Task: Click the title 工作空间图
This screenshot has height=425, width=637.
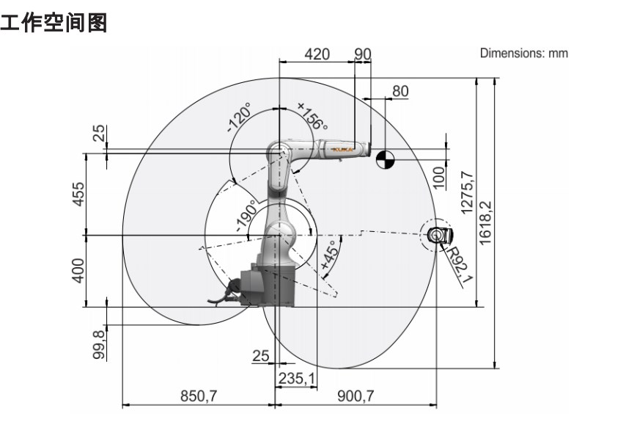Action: click(55, 23)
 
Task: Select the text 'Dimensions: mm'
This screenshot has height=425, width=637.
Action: click(523, 53)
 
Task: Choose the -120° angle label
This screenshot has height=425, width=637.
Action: click(239, 117)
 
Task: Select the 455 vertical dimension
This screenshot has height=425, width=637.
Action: click(80, 194)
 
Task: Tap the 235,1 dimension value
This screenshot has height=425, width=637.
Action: click(297, 377)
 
